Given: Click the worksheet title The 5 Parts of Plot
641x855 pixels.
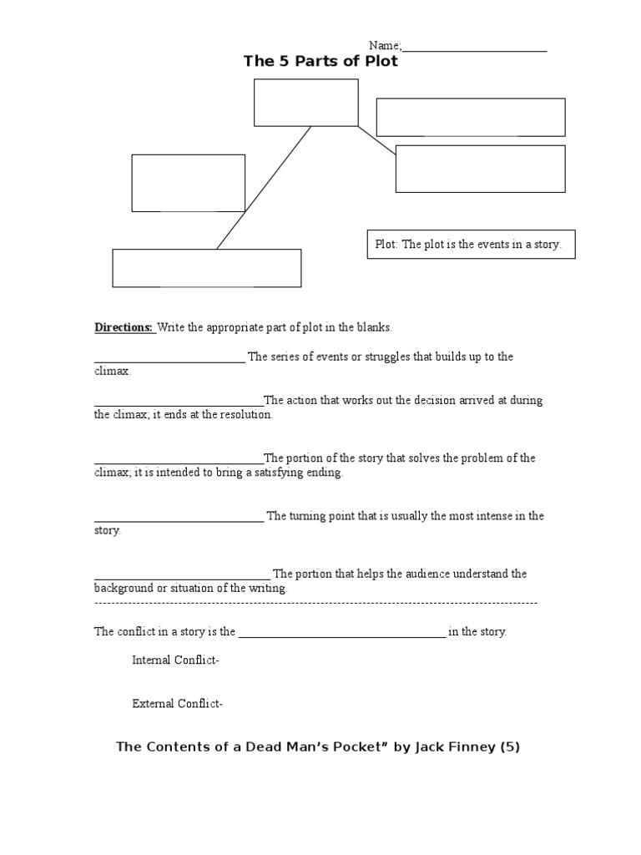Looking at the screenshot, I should (x=320, y=62).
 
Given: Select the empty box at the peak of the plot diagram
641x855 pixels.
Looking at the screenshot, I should (x=305, y=103).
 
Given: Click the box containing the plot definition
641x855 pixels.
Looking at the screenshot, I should (x=471, y=245).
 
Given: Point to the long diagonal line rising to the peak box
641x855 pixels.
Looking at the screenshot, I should (x=264, y=187).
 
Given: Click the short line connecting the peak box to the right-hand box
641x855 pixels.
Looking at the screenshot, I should (x=376, y=140).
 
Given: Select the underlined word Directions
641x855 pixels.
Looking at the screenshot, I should (x=124, y=327).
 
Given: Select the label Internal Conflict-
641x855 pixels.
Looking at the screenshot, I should (x=175, y=660).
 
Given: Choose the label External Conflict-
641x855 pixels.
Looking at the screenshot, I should (x=177, y=704).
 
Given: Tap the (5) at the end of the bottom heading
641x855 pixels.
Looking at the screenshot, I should (x=510, y=747).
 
